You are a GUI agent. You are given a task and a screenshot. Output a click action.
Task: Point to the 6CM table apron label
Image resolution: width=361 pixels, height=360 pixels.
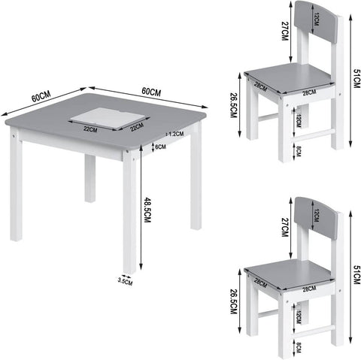[x=160, y=147]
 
